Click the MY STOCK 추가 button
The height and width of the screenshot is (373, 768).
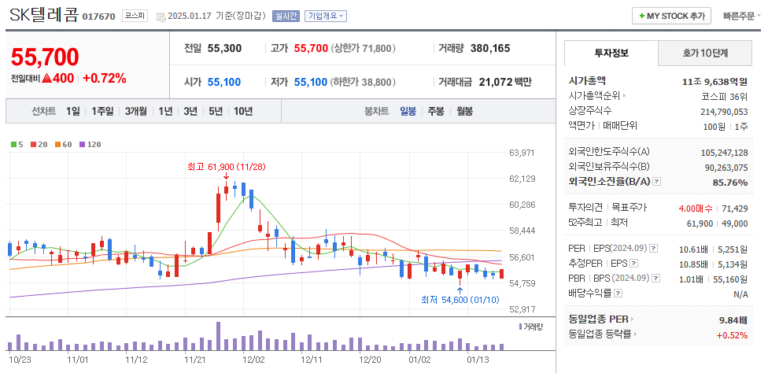coord(671,16)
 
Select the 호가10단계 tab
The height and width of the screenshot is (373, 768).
coord(704,54)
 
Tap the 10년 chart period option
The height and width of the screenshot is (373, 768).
coord(243,111)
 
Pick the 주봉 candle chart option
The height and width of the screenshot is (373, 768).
coord(436,111)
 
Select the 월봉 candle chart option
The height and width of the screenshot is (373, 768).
coord(464,111)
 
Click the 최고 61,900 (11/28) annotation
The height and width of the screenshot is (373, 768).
coord(227,167)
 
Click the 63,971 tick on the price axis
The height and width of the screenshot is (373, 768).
coord(522,153)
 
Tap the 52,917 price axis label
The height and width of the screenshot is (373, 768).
coord(522,309)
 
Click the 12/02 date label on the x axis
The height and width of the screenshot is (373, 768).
coord(253,359)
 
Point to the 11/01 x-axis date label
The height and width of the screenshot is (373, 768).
coord(78,359)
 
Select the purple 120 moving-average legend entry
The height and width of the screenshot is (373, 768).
coord(90,144)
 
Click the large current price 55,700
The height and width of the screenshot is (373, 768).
coord(45,57)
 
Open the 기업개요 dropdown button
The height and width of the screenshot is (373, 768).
coord(325,16)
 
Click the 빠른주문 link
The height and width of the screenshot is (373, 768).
coord(739,16)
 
